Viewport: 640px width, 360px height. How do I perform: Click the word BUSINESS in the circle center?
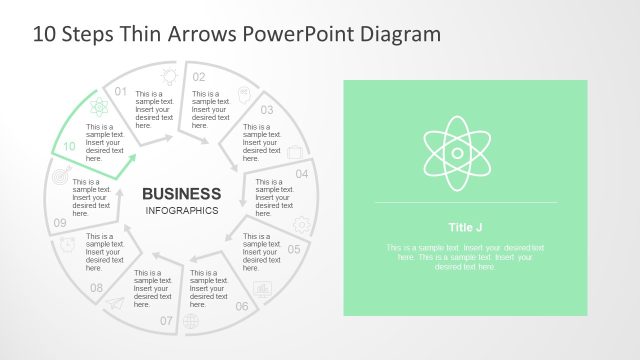click(x=181, y=193)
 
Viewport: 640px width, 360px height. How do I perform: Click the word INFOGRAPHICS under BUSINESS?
click(x=181, y=211)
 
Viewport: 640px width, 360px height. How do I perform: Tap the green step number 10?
click(x=69, y=146)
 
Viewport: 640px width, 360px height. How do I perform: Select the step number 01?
click(x=122, y=91)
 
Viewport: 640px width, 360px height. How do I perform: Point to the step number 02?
click(x=199, y=77)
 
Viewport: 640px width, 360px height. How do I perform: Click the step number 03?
click(x=267, y=110)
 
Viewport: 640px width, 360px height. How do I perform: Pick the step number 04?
click(x=302, y=173)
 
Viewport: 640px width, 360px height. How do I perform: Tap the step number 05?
click(x=294, y=249)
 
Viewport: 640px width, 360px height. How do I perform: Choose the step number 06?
click(x=242, y=306)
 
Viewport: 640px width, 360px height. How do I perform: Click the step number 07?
click(x=166, y=320)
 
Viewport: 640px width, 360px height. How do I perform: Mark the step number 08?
click(x=96, y=288)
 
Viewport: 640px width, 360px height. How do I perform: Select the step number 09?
click(x=60, y=223)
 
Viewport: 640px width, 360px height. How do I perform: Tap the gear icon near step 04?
click(x=301, y=225)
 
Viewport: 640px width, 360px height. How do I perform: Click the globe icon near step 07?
click(x=192, y=321)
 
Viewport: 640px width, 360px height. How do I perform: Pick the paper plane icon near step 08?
click(x=117, y=304)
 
